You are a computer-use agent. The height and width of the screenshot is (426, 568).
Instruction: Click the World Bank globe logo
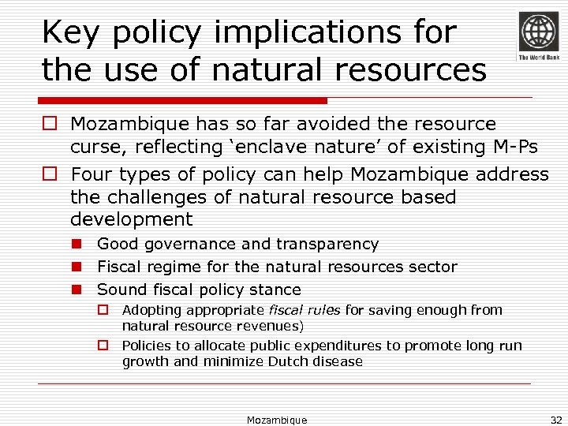[538, 32]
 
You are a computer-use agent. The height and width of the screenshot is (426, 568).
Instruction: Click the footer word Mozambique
[277, 420]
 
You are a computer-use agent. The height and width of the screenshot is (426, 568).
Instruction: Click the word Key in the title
[67, 32]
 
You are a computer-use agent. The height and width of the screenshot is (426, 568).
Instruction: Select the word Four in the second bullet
[92, 174]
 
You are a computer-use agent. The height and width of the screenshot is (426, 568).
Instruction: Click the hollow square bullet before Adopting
[103, 310]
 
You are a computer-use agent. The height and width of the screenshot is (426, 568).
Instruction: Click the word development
[131, 219]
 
